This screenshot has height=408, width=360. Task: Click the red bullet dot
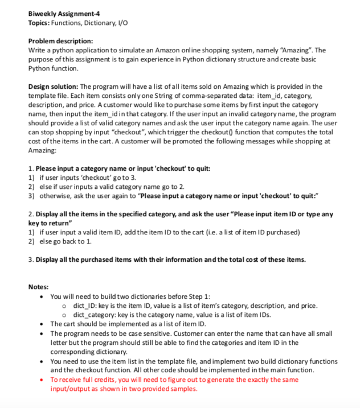[x=44, y=379]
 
